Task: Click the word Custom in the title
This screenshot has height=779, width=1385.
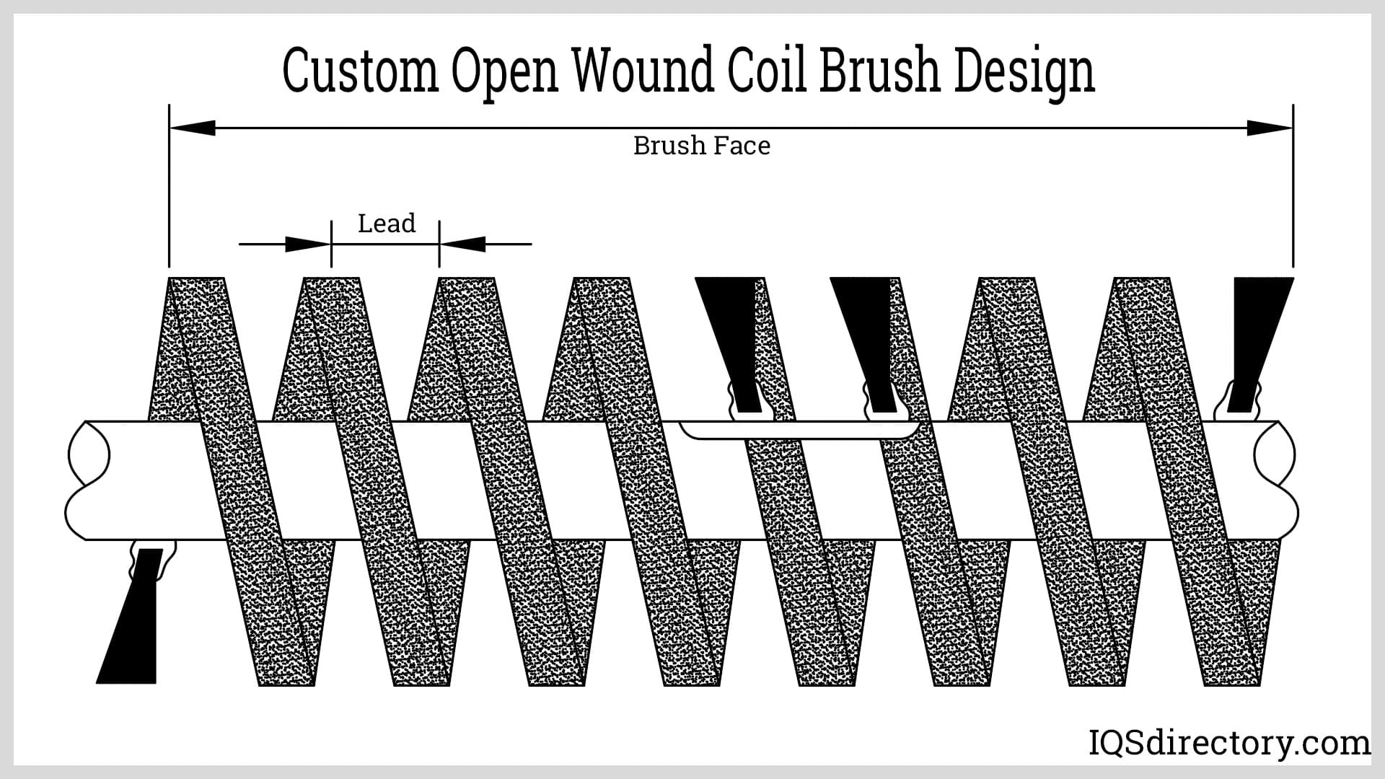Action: pyautogui.click(x=361, y=72)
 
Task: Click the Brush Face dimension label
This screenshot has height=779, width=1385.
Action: pyautogui.click(x=701, y=146)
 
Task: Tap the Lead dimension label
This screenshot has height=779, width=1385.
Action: pyautogui.click(x=387, y=224)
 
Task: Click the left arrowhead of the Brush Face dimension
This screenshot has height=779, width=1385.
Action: pyautogui.click(x=193, y=128)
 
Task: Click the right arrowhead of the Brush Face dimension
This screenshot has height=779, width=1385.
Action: pyautogui.click(x=1270, y=128)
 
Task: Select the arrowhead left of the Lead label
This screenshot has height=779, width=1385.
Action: pyautogui.click(x=307, y=244)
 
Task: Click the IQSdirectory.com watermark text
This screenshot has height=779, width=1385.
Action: pyautogui.click(x=1228, y=743)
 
